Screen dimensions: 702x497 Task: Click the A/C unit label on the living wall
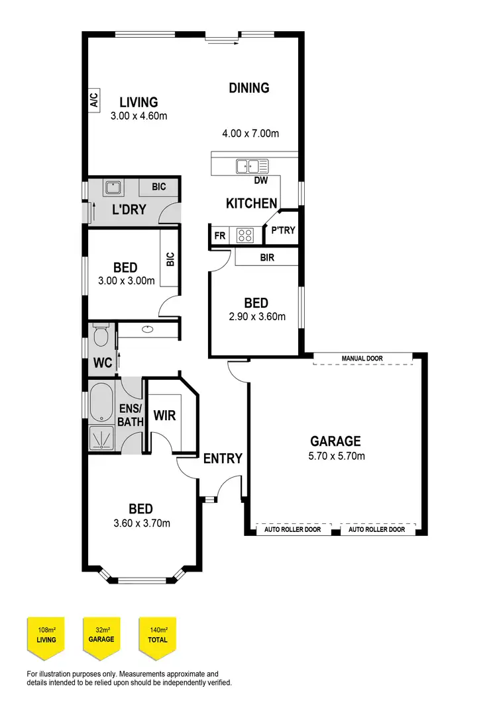click(93, 101)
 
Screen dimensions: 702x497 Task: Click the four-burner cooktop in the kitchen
click(245, 234)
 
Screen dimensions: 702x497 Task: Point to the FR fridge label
click(219, 235)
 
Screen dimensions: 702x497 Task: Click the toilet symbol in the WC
click(101, 335)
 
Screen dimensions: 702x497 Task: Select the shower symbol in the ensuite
click(101, 438)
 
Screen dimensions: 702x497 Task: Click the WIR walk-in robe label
click(164, 416)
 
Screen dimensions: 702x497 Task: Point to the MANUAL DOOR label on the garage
click(362, 359)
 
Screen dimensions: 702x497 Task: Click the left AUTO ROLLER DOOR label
click(292, 529)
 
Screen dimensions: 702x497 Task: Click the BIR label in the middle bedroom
click(267, 257)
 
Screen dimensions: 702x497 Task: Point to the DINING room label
click(249, 87)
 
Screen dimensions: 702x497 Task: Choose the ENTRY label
click(222, 459)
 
